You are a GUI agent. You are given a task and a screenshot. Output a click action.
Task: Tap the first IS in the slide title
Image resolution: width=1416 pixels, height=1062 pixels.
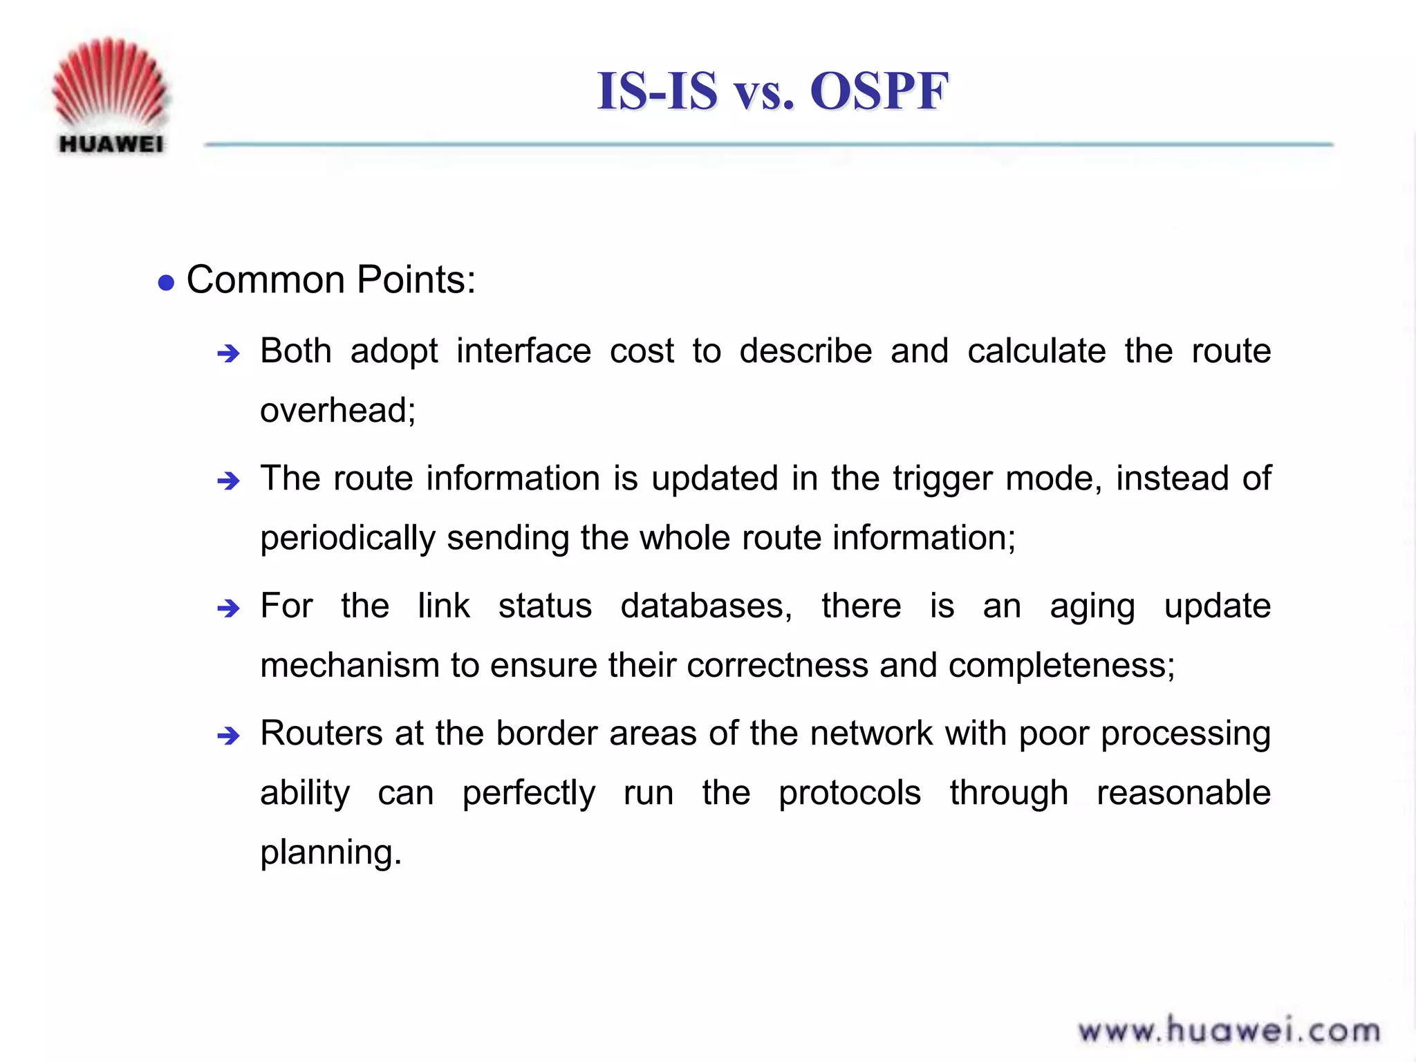(x=623, y=91)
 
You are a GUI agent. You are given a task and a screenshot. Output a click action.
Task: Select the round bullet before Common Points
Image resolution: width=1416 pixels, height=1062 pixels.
(x=166, y=283)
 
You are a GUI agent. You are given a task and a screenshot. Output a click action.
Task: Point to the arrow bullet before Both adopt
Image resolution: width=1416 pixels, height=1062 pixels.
(x=228, y=354)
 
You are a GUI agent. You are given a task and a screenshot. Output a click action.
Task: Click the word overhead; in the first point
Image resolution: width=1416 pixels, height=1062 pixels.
(x=337, y=410)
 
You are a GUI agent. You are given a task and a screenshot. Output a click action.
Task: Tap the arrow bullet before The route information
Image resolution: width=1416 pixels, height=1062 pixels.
(x=228, y=481)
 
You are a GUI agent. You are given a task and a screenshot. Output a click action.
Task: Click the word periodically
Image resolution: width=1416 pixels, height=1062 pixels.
(x=348, y=538)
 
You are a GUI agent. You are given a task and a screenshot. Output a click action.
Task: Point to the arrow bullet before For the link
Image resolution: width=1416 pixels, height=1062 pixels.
(x=228, y=608)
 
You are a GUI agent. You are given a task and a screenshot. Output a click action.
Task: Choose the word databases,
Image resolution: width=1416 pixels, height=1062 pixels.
(x=706, y=606)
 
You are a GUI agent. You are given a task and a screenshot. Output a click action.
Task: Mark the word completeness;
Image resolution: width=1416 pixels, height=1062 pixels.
(x=1061, y=666)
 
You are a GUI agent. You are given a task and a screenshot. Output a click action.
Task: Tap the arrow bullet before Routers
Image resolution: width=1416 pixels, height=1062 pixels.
(x=228, y=736)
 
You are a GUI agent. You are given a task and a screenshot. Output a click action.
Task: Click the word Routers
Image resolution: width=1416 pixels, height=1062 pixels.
(x=321, y=733)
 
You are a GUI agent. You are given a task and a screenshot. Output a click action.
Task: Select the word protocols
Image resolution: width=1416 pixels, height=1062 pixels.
(x=850, y=793)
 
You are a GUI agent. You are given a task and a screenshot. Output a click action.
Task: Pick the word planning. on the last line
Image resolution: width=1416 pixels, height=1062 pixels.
(x=330, y=853)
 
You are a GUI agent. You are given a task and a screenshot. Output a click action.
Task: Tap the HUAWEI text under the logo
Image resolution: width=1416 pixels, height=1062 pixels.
(x=111, y=144)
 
